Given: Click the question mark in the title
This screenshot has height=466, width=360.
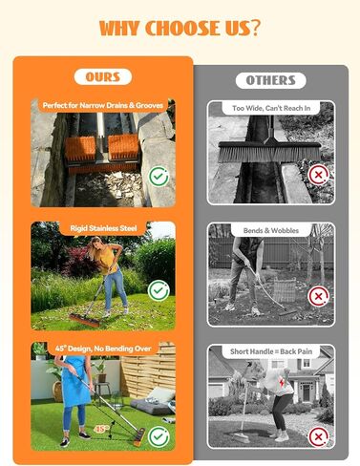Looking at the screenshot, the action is tap(254, 28).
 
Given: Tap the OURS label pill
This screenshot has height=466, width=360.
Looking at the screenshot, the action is tap(103, 76).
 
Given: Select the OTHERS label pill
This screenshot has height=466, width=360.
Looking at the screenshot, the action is tap(271, 80).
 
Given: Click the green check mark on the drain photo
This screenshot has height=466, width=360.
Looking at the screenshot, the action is tap(159, 176).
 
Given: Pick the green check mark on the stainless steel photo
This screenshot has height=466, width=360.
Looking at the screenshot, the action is tap(159, 290).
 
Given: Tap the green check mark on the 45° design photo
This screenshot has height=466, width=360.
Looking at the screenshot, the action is tap(159, 436).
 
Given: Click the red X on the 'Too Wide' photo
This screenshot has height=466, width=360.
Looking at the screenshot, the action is tap(318, 175).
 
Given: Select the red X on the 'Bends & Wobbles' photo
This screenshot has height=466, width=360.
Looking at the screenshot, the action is tap(318, 296).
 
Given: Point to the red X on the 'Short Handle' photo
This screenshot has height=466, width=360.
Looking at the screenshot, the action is tap(318, 436).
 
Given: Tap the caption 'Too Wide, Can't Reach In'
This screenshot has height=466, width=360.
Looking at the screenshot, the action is tap(271, 108).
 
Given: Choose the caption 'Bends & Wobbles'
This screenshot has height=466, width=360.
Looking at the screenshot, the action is tap(271, 230).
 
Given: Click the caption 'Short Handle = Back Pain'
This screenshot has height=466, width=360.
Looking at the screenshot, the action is tap(271, 351).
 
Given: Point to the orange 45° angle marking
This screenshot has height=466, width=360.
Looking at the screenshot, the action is tap(101, 429).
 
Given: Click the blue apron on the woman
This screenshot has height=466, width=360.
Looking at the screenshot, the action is tap(75, 382).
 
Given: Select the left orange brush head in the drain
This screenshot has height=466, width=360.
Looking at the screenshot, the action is tap(80, 148).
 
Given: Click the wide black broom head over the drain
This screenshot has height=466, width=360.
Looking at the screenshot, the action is tap(269, 152).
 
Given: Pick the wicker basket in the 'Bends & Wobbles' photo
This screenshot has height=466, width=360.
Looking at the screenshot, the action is tap(285, 289).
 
